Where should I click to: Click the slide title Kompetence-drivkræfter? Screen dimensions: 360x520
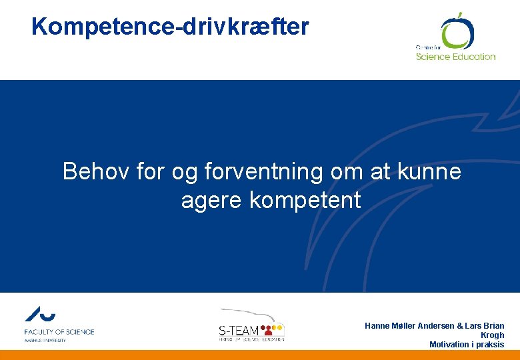tap(170, 27)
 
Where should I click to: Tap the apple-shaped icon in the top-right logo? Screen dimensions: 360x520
tap(456, 31)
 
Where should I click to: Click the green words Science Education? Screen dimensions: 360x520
tap(455, 57)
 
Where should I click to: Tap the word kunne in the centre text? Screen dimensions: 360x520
tap(430, 172)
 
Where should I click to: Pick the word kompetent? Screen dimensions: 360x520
tap(305, 200)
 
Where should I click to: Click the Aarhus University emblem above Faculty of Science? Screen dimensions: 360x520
tap(40, 315)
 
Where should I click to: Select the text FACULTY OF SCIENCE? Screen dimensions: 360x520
tap(59, 331)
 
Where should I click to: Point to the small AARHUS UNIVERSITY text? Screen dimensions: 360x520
tap(45, 340)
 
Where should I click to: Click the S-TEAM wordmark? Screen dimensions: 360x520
tap(239, 330)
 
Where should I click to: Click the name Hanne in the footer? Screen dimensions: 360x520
tap(378, 325)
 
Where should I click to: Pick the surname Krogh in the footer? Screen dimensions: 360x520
tap(492, 335)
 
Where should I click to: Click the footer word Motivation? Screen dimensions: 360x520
tap(451, 345)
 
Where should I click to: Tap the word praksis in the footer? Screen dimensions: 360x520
tap(490, 345)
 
